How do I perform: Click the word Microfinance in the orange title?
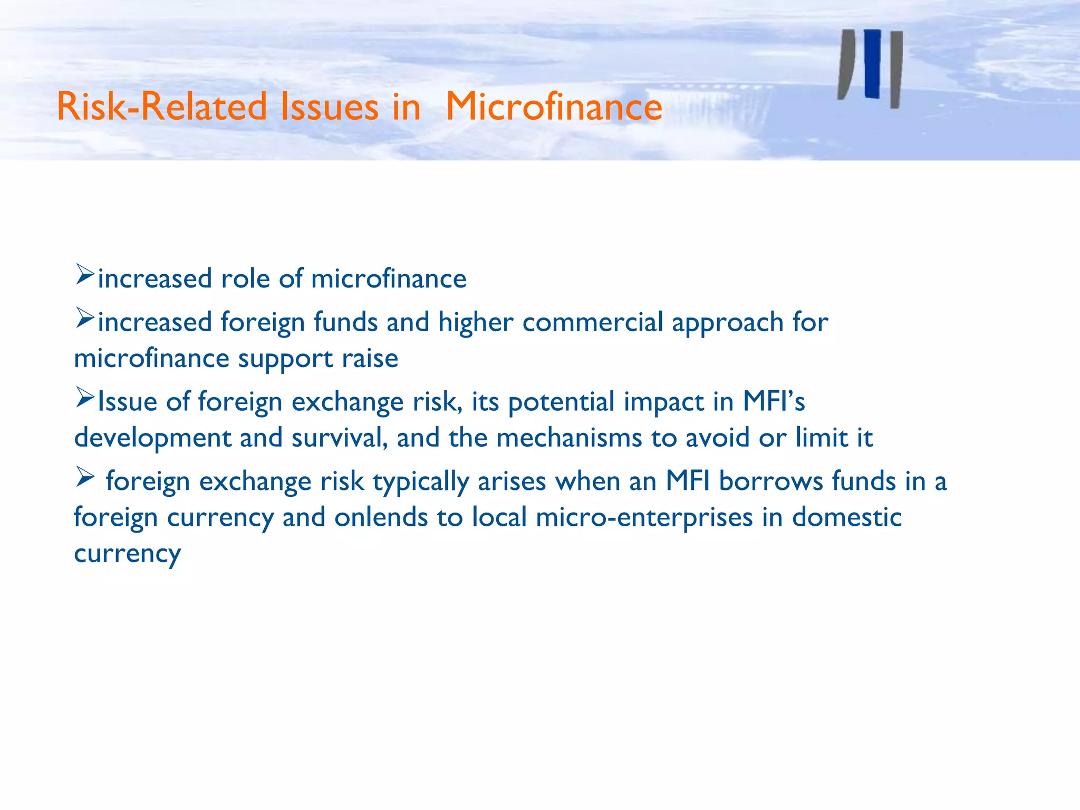(554, 107)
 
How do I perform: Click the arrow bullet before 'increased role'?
(84, 275)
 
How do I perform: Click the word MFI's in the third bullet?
(774, 401)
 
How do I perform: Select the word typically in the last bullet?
(421, 482)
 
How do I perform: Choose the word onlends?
(381, 517)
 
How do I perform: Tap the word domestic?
(846, 517)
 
